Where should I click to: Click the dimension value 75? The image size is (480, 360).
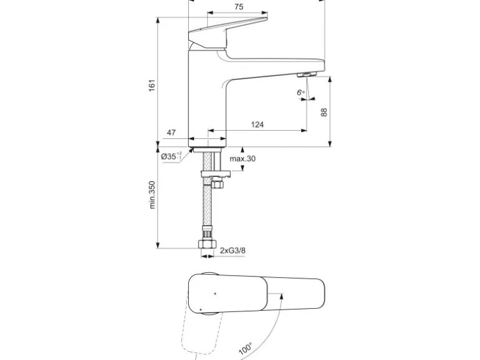tap(239, 7)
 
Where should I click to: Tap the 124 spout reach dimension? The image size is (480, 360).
tap(257, 125)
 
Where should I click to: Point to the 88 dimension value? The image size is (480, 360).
tap(323, 112)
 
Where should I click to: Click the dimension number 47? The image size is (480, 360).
tap(171, 133)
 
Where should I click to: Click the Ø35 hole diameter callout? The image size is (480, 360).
tap(171, 157)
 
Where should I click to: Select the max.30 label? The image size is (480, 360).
tap(242, 159)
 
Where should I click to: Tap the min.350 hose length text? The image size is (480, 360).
tap(152, 194)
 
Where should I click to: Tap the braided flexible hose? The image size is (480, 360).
tap(206, 209)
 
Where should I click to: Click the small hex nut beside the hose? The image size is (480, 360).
tap(218, 185)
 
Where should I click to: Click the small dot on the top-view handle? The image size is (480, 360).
tap(215, 291)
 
